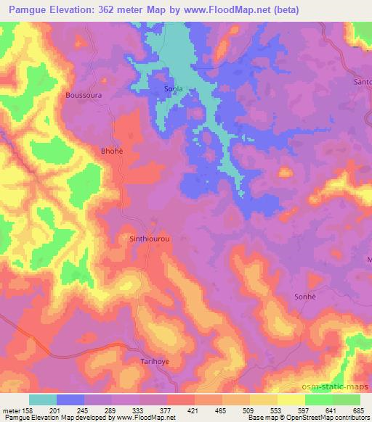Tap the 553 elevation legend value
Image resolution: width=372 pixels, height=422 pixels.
[x=277, y=410]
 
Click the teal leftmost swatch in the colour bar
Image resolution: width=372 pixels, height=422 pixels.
[x=43, y=400]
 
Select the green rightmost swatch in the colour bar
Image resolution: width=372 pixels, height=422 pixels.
[x=347, y=400]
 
